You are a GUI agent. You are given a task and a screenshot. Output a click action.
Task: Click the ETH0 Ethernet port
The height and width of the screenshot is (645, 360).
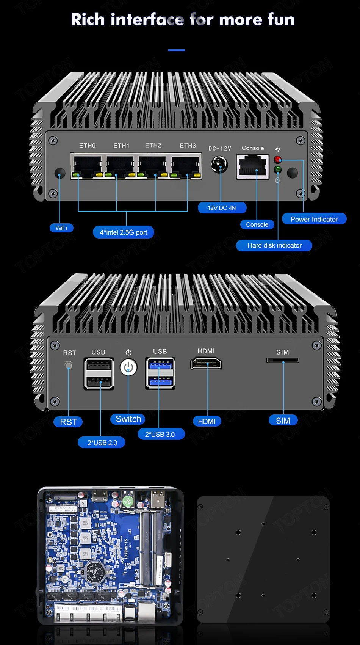point(88,166)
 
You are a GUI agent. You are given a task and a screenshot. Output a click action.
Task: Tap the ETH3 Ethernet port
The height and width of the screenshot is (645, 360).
point(186,166)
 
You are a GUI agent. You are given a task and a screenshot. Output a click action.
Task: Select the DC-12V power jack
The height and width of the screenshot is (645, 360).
point(219,165)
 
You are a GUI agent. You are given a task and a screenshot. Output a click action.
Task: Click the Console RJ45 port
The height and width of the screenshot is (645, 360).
point(253,167)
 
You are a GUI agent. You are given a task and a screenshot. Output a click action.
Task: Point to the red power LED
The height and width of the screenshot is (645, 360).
point(278,159)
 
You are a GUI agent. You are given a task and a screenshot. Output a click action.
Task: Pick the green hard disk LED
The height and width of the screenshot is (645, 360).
point(278,169)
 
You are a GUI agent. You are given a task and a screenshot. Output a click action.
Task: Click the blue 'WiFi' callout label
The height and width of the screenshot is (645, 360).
point(61,228)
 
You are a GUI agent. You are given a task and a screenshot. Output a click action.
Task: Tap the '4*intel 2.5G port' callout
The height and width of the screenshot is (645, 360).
point(124,232)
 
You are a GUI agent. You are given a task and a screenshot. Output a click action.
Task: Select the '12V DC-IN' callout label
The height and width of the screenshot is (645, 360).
point(222,208)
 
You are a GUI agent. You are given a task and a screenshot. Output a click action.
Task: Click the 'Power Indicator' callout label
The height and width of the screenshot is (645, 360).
point(314,219)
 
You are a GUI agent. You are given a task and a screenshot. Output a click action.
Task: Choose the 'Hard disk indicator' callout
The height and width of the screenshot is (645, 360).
point(274,245)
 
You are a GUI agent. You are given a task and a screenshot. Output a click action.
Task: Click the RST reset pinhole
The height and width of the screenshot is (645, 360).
point(69,366)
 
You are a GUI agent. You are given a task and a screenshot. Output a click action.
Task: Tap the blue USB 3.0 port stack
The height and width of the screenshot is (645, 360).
point(160,374)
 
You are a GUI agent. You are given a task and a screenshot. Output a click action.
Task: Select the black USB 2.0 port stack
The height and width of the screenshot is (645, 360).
point(99,374)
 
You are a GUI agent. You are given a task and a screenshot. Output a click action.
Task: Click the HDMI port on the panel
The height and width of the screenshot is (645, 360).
point(206,364)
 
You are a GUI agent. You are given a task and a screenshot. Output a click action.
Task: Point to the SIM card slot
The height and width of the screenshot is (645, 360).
point(283,361)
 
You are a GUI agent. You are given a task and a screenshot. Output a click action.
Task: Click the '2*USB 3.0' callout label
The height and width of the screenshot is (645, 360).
point(160,434)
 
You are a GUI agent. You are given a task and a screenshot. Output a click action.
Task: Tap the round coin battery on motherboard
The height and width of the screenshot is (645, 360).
point(94,572)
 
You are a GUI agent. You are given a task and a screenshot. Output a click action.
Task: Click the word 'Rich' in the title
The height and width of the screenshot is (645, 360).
point(88,20)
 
